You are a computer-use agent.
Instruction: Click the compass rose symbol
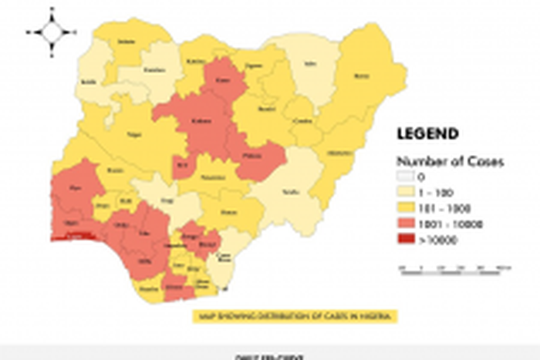(x=52, y=32)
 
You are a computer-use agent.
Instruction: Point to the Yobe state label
(x=310, y=64)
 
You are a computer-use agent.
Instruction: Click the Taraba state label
(x=291, y=190)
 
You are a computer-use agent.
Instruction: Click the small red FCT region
(x=183, y=165)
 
